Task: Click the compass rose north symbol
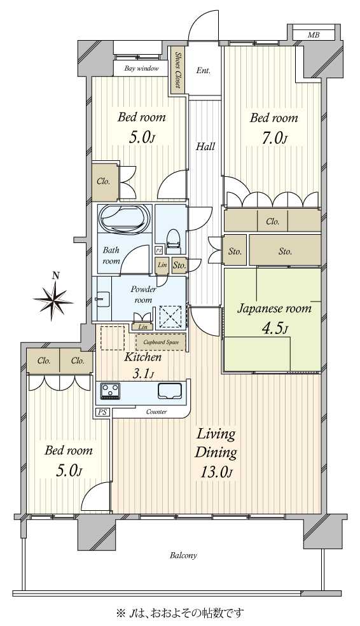coord(53,298)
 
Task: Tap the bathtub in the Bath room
coord(125,218)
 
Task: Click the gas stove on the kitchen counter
coord(110,391)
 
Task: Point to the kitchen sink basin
coord(170,391)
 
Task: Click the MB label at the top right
coord(314,35)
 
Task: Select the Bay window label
coord(141,68)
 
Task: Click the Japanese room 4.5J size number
coord(274,328)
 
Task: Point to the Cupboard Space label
coord(162,342)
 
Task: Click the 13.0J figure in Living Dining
coord(216,471)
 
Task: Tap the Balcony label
coord(183,555)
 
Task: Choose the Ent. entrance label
coord(203,71)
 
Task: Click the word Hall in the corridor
coord(205,146)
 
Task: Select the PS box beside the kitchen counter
coord(102,412)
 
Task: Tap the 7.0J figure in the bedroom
coord(273,138)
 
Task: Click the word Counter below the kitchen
coord(156,412)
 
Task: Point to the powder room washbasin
coord(102,298)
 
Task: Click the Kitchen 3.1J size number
coord(142,374)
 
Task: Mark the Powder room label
coord(143,294)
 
